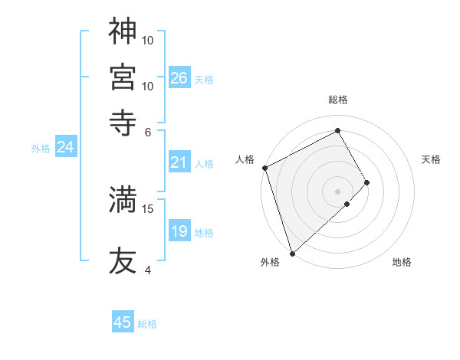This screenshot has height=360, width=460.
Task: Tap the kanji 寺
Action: pos(123,120)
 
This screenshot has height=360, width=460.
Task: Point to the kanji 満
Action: pos(123,200)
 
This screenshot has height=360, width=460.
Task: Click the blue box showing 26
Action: pos(179,77)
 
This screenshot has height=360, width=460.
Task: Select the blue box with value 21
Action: pos(179,162)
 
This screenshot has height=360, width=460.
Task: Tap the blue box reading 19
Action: pos(179,231)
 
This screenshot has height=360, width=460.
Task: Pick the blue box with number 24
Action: pos(66,147)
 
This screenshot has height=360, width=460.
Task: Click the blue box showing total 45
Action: pos(123,322)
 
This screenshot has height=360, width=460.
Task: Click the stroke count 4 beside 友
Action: pos(147,270)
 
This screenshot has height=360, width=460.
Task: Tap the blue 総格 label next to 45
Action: pos(147,324)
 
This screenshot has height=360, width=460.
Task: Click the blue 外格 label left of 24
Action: pos(41,149)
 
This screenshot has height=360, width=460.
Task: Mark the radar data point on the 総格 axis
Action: pos(337,130)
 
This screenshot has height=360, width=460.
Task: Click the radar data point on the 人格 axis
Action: pos(264,168)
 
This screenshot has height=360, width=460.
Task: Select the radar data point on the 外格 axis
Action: pos(292,252)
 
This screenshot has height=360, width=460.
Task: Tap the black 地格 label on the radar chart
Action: pos(402,263)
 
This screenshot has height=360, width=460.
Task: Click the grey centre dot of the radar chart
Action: pos(337,191)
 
